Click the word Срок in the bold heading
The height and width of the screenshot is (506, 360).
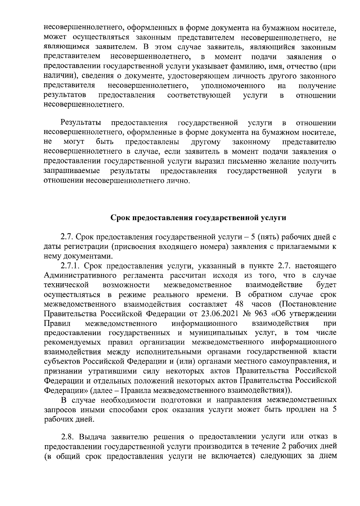point(119,218)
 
